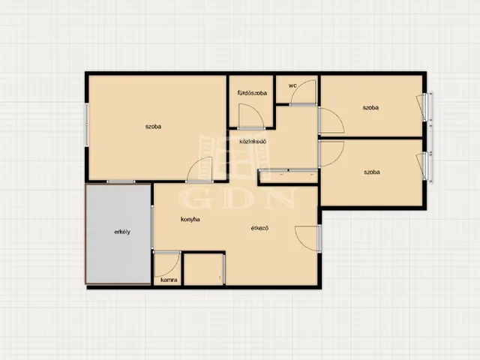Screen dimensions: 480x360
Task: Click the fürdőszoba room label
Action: coord(252,93)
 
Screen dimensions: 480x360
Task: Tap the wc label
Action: coord(292,85)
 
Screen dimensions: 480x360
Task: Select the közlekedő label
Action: coord(253,142)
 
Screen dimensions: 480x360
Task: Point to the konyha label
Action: coord(190,219)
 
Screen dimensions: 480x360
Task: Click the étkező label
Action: coord(259,228)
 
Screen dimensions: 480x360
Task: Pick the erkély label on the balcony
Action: coord(122,232)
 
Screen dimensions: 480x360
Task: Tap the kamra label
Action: coord(169,280)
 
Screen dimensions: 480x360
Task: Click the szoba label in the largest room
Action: coord(153,127)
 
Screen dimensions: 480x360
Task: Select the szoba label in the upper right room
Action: coord(370,107)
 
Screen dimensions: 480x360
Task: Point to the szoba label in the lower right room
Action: coord(372,172)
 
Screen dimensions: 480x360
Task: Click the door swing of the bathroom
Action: coord(258,111)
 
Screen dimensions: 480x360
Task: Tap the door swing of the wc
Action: coord(296,87)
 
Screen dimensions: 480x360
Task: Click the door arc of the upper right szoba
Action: coord(338,115)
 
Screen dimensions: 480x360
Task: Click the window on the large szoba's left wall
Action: coord(87,124)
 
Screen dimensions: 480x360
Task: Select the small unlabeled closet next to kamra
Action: coord(203,269)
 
